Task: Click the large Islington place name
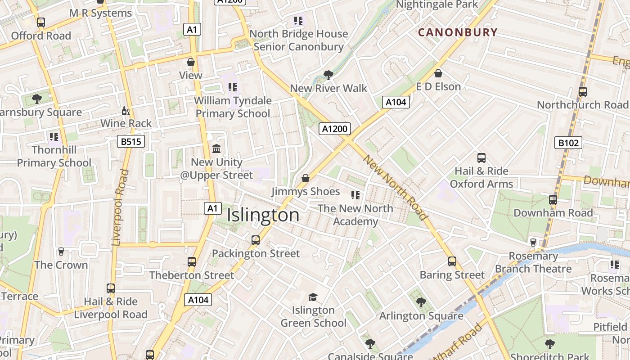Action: (x=263, y=215)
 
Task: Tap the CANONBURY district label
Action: (x=458, y=32)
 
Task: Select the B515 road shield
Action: (x=131, y=142)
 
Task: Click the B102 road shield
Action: (x=569, y=143)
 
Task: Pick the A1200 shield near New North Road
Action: (x=335, y=129)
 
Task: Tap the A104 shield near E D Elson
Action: (x=396, y=102)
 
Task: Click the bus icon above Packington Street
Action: (x=256, y=240)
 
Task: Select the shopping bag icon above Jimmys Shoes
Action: (x=306, y=179)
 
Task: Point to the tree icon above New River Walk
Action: (x=328, y=75)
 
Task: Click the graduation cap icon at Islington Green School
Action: (x=313, y=297)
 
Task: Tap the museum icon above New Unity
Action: (x=216, y=148)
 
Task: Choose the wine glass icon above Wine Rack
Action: (x=126, y=111)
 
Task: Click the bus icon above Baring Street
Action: (x=452, y=261)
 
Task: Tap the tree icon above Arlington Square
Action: (x=421, y=302)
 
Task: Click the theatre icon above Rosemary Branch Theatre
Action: (x=533, y=243)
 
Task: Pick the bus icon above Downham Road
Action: (x=553, y=200)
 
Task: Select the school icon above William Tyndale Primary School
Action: (x=232, y=87)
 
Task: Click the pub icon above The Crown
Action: (x=61, y=252)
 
